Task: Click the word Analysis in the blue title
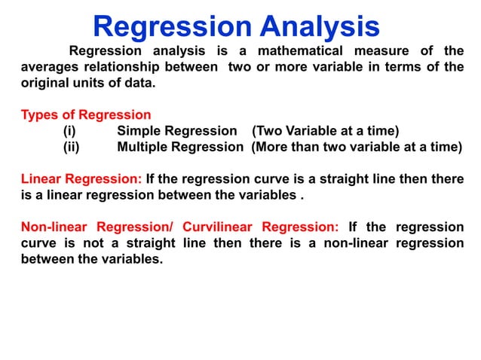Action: click(x=320, y=27)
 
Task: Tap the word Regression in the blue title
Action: click(x=172, y=27)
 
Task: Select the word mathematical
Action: click(x=299, y=51)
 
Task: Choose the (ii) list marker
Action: click(x=71, y=147)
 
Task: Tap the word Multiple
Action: click(x=145, y=147)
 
